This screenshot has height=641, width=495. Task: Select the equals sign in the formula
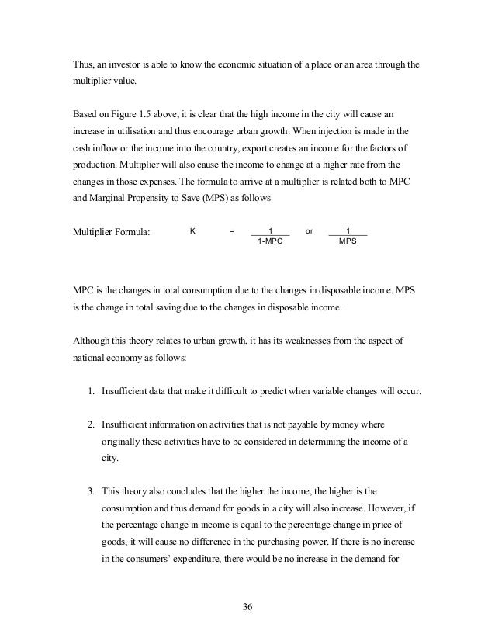pos(231,230)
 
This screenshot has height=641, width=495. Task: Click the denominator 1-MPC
pos(270,241)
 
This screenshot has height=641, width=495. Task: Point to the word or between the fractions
pos(310,230)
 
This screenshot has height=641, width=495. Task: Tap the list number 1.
pos(90,390)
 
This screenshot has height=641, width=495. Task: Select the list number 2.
pos(90,424)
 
